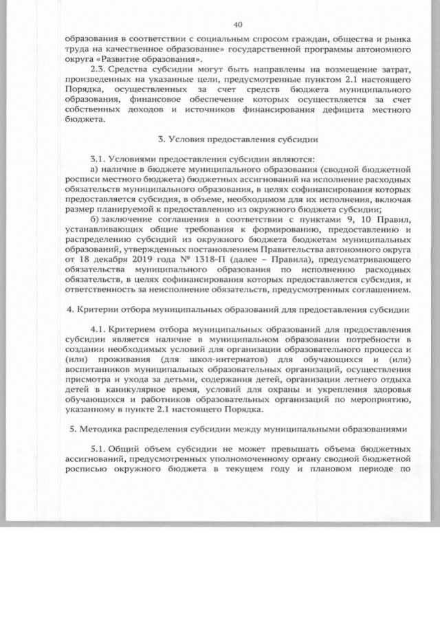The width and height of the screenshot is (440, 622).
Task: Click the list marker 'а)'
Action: click(96, 167)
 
